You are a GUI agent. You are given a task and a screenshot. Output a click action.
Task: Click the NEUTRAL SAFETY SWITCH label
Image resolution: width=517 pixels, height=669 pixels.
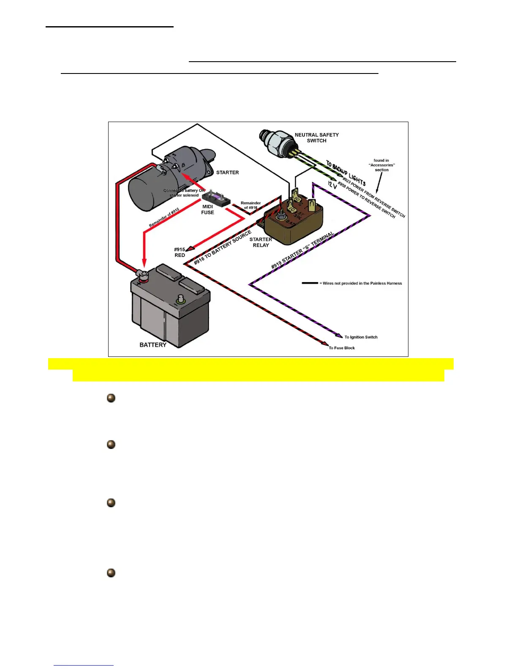(316, 138)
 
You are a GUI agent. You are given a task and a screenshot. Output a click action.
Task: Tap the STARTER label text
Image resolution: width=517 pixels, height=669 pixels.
(227, 172)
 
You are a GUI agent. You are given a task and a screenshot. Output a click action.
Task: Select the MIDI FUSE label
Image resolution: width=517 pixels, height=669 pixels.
(207, 209)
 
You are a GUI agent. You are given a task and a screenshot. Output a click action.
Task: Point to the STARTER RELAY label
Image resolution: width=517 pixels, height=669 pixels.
(261, 242)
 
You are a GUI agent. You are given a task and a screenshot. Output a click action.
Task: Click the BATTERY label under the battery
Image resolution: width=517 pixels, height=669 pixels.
(153, 345)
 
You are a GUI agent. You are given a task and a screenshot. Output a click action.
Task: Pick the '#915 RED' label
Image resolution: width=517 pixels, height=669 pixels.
(180, 252)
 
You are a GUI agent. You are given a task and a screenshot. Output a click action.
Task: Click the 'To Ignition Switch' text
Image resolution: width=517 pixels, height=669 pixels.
(361, 337)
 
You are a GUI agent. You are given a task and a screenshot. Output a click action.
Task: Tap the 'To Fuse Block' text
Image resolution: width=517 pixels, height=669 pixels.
(342, 348)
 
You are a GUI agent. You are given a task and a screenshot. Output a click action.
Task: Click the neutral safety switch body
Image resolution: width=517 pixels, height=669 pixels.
(277, 142)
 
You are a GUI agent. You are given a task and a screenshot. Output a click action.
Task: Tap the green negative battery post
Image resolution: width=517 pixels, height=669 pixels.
(181, 299)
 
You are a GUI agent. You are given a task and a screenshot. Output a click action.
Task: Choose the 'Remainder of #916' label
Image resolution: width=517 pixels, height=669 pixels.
(250, 205)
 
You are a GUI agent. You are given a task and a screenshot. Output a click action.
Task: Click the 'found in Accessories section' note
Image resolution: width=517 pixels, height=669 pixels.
(381, 165)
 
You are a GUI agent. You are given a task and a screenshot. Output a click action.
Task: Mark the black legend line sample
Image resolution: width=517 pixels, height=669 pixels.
(310, 283)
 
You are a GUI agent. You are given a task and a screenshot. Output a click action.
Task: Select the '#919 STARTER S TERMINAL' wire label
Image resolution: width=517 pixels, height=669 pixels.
(302, 250)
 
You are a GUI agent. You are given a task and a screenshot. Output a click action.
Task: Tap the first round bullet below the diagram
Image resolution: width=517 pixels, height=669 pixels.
(111, 398)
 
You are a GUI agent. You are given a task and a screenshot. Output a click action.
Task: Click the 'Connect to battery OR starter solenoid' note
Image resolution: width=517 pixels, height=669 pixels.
(184, 193)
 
